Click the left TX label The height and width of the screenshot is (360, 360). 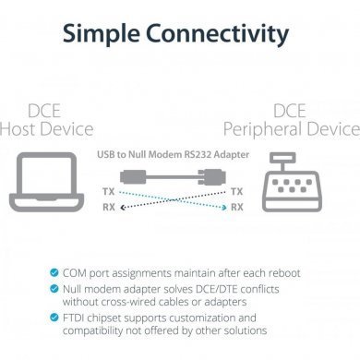coord(108,191)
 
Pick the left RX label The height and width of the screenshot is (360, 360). coord(108,208)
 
